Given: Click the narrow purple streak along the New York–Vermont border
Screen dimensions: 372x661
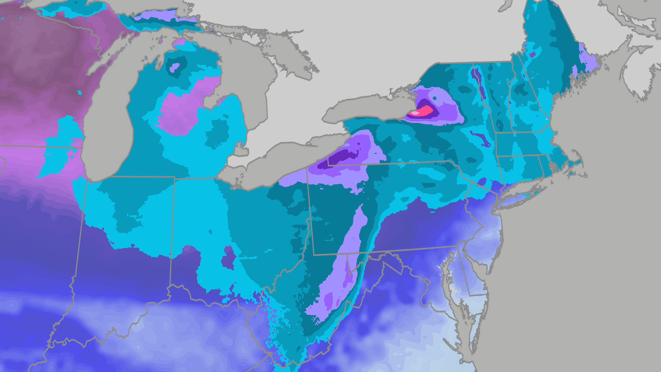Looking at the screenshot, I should click(x=479, y=83).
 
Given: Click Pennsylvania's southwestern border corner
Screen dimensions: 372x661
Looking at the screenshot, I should click(x=314, y=255).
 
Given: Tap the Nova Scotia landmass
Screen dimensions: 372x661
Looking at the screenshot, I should click(x=637, y=79).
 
